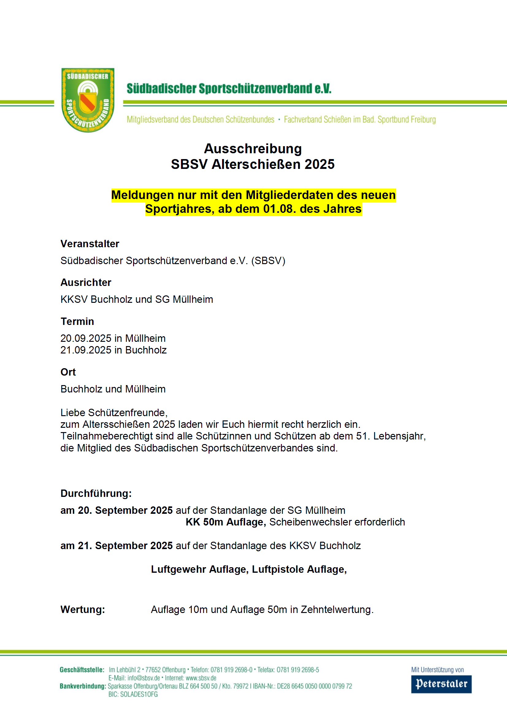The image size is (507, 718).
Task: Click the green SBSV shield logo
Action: pyautogui.click(x=88, y=100)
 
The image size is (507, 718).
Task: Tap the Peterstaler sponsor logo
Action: pyautogui.click(x=441, y=684)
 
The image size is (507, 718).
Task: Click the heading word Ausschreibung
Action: pyautogui.click(x=253, y=149)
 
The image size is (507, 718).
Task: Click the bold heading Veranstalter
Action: pyautogui.click(x=90, y=244)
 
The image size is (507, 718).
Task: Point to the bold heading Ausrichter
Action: pyautogui.click(x=86, y=283)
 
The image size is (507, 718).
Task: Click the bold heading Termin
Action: pyautogui.click(x=77, y=321)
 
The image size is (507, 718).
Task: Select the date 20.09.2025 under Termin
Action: pyautogui.click(x=86, y=338)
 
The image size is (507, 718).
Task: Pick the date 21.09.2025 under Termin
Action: pyautogui.click(x=86, y=350)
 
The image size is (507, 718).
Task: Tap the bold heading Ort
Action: pyautogui.click(x=68, y=372)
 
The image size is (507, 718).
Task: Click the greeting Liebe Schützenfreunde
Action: pyautogui.click(x=114, y=412)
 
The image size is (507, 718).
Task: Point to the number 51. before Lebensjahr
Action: pyautogui.click(x=363, y=436)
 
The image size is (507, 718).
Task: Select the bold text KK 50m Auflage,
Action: pyautogui.click(x=225, y=522)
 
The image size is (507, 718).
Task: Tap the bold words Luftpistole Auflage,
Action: pyautogui.click(x=299, y=569)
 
